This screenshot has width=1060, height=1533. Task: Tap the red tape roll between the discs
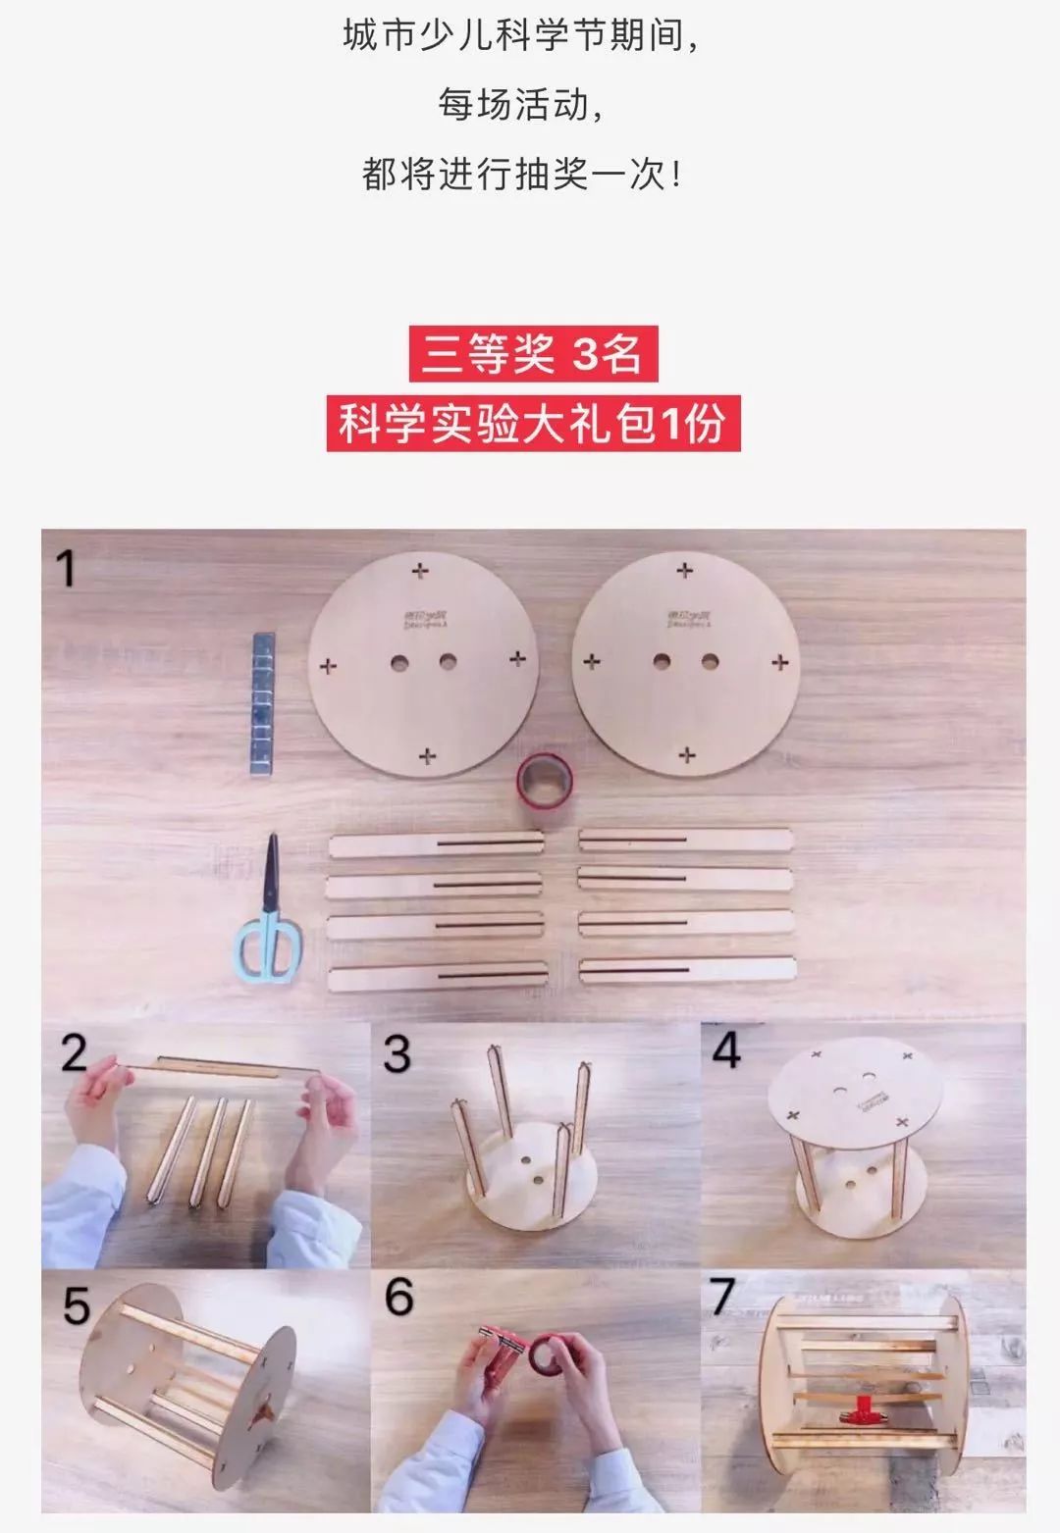(543, 780)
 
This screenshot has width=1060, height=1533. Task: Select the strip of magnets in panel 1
(262, 704)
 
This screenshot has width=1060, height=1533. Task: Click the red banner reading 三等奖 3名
(533, 353)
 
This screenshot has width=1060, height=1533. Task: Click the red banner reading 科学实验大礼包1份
(533, 424)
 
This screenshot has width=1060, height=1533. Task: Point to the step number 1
(66, 569)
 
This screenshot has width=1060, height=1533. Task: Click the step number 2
(75, 1052)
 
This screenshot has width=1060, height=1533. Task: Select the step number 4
(725, 1050)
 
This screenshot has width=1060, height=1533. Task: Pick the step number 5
(76, 1305)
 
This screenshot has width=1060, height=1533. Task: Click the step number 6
(398, 1297)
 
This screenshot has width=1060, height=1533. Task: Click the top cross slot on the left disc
(421, 570)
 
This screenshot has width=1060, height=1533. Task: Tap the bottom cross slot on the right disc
(687, 754)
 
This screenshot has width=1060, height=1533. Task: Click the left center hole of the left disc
(399, 663)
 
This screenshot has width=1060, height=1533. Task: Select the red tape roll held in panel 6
(545, 1358)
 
